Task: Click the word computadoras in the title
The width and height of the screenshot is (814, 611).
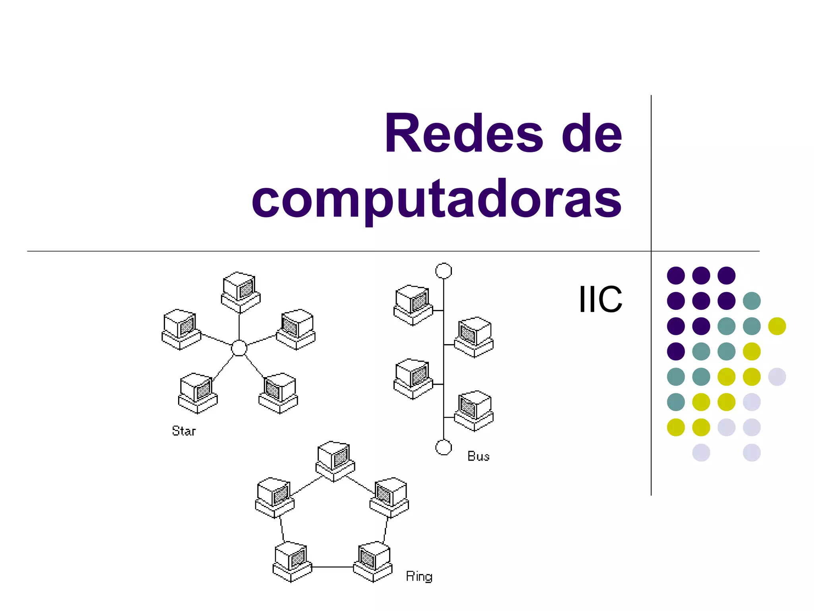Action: pos(436,198)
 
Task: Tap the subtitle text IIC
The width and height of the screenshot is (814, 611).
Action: pos(600,299)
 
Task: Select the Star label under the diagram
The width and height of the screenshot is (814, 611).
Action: pos(184,431)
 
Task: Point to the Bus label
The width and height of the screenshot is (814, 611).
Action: pos(478,456)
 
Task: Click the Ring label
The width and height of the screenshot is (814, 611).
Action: pos(419,576)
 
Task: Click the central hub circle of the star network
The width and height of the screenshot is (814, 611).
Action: pos(239,348)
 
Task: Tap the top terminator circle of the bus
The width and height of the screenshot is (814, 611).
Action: pos(444,271)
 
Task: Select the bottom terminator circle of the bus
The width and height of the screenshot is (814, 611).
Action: pos(444,447)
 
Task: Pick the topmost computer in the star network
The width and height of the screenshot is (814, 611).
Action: pos(240,292)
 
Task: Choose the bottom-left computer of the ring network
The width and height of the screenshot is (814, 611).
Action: pos(292,562)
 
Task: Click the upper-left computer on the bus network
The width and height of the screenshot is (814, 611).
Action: pos(413,305)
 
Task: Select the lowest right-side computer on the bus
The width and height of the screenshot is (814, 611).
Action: pos(474,411)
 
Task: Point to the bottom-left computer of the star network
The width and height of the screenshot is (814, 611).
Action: pos(198,393)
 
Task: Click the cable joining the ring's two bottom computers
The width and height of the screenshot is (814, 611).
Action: pos(333,567)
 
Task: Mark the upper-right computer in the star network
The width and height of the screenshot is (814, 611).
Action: pos(296,329)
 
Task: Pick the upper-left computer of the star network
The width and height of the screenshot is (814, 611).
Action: pos(181,329)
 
